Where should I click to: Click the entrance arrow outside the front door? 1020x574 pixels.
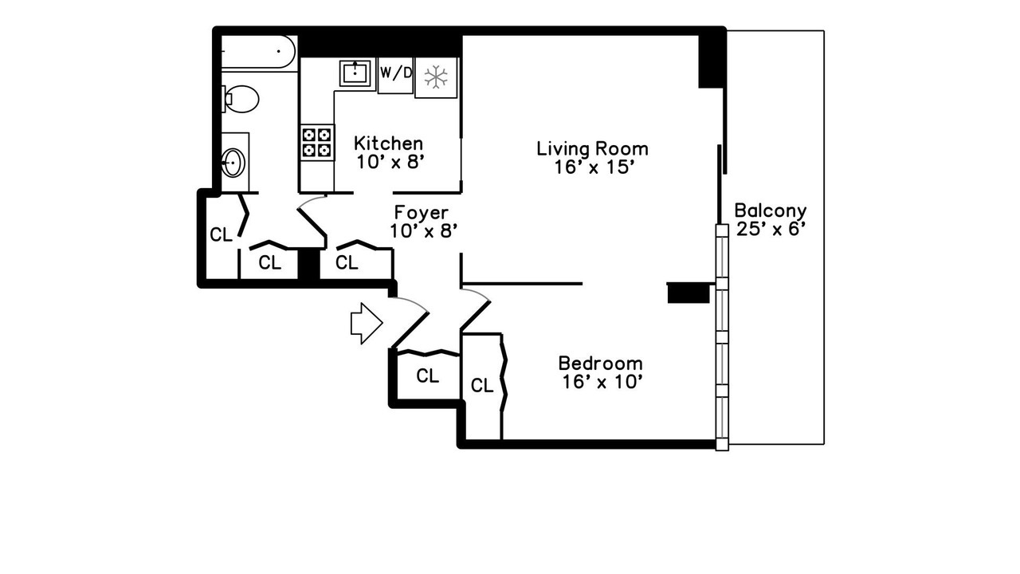pos(366,323)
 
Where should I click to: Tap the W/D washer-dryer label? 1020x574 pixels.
pos(396,73)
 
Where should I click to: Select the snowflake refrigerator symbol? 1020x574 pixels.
pos(435,77)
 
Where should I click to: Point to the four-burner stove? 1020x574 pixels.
pos(316,142)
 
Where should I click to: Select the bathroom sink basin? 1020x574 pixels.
pos(233,163)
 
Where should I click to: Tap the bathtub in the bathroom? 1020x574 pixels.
pos(257,52)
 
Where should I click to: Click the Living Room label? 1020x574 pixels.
pos(592,148)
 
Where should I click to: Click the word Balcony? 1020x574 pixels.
pos(770,211)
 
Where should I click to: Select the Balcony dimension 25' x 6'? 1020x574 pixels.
pos(770,230)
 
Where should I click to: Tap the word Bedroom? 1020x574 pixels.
pos(599,363)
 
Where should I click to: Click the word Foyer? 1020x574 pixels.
pos(422,213)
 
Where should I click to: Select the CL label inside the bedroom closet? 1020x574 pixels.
pos(481,386)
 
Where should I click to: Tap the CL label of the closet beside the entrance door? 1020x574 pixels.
pos(428,375)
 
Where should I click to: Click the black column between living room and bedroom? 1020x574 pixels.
pos(688,293)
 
